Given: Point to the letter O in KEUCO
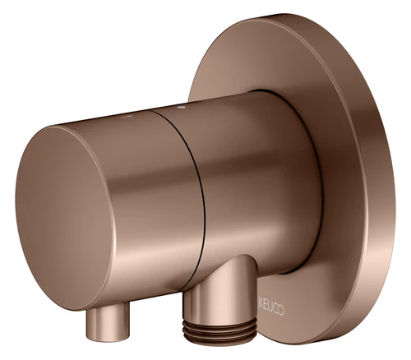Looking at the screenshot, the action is pos(281,311).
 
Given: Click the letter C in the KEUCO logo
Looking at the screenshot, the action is pos(275,309).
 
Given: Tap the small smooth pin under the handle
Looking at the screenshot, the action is pos(108,324).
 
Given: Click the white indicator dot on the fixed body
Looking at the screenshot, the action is pos(180,108).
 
